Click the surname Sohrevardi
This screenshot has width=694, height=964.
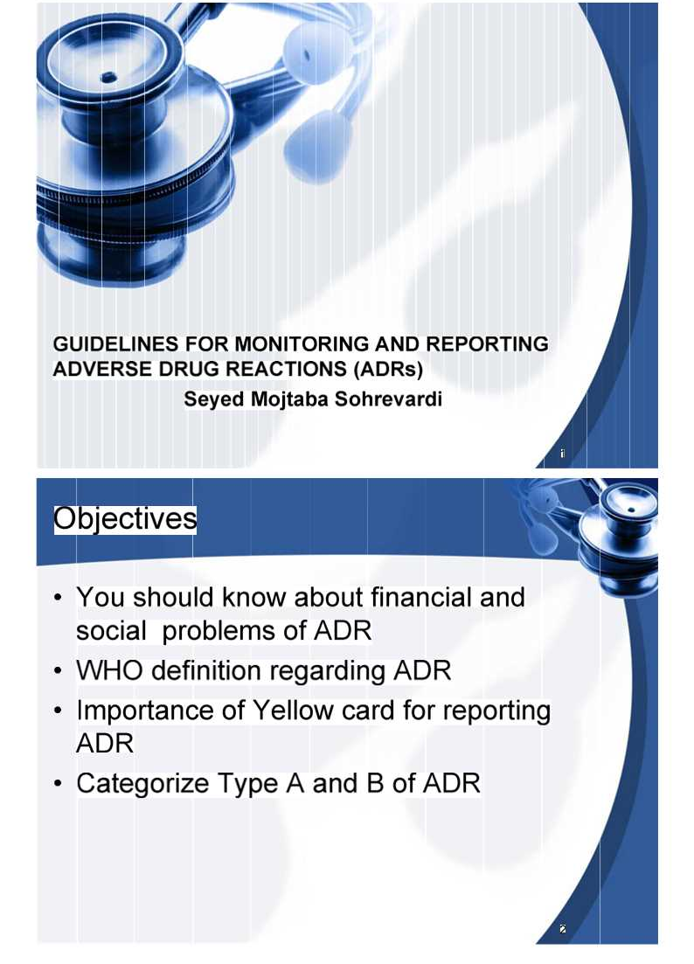pyautogui.click(x=388, y=399)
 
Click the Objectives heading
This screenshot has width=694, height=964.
pyautogui.click(x=125, y=519)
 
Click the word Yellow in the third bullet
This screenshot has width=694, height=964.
pyautogui.click(x=293, y=711)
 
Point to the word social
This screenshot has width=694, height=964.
pyautogui.click(x=111, y=631)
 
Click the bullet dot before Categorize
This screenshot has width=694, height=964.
pyautogui.click(x=58, y=785)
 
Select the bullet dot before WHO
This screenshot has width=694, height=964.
pyautogui.click(x=58, y=671)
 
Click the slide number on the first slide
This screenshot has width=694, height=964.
pyautogui.click(x=562, y=454)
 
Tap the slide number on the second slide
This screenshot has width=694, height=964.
pyautogui.click(x=562, y=930)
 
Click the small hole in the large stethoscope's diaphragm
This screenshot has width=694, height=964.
pyautogui.click(x=109, y=77)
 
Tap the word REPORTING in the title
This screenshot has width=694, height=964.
pyautogui.click(x=487, y=344)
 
